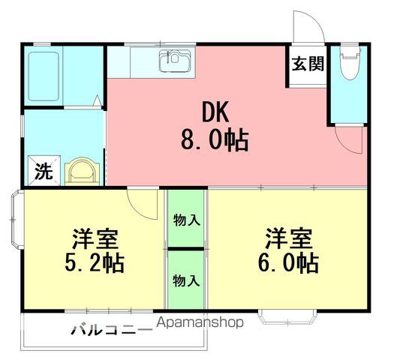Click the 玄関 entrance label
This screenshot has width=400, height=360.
click(x=308, y=64)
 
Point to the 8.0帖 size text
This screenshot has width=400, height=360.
click(x=215, y=140)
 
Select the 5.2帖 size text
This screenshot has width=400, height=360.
click(x=95, y=262)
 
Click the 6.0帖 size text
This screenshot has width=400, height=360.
click(x=288, y=262)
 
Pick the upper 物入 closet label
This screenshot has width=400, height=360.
click(x=186, y=220)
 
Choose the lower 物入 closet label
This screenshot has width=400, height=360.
click(x=186, y=280)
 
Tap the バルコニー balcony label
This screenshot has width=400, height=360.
click(x=112, y=330)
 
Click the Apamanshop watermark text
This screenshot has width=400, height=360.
click(x=200, y=323)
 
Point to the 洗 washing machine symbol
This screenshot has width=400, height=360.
click(x=44, y=170)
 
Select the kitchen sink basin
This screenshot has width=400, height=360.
click(x=175, y=61)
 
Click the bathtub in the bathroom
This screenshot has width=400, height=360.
click(x=44, y=76)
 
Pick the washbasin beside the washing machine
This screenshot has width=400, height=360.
click(x=82, y=171)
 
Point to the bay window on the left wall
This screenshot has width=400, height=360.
click(x=17, y=219)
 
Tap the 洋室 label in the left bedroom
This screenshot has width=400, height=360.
click(x=95, y=239)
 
